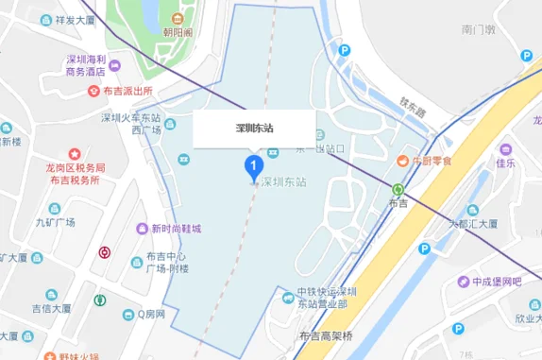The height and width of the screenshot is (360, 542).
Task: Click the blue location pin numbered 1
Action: pos(253,167)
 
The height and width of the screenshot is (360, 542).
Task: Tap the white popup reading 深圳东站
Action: pos(253,129)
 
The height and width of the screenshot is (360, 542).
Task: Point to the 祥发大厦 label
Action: pos(75,19)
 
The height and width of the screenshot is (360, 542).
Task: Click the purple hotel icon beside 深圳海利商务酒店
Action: pos(114,66)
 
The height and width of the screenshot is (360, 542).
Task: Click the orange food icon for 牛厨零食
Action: pos(402,161)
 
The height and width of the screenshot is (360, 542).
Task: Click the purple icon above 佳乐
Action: pos(506,149)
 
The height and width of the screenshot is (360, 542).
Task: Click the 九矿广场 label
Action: pos(55,223)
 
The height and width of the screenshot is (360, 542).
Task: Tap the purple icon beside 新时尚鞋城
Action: pos(139,228)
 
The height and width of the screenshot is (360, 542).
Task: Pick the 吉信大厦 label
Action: pos(51,308)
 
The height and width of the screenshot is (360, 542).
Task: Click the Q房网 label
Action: pos(150,314)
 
